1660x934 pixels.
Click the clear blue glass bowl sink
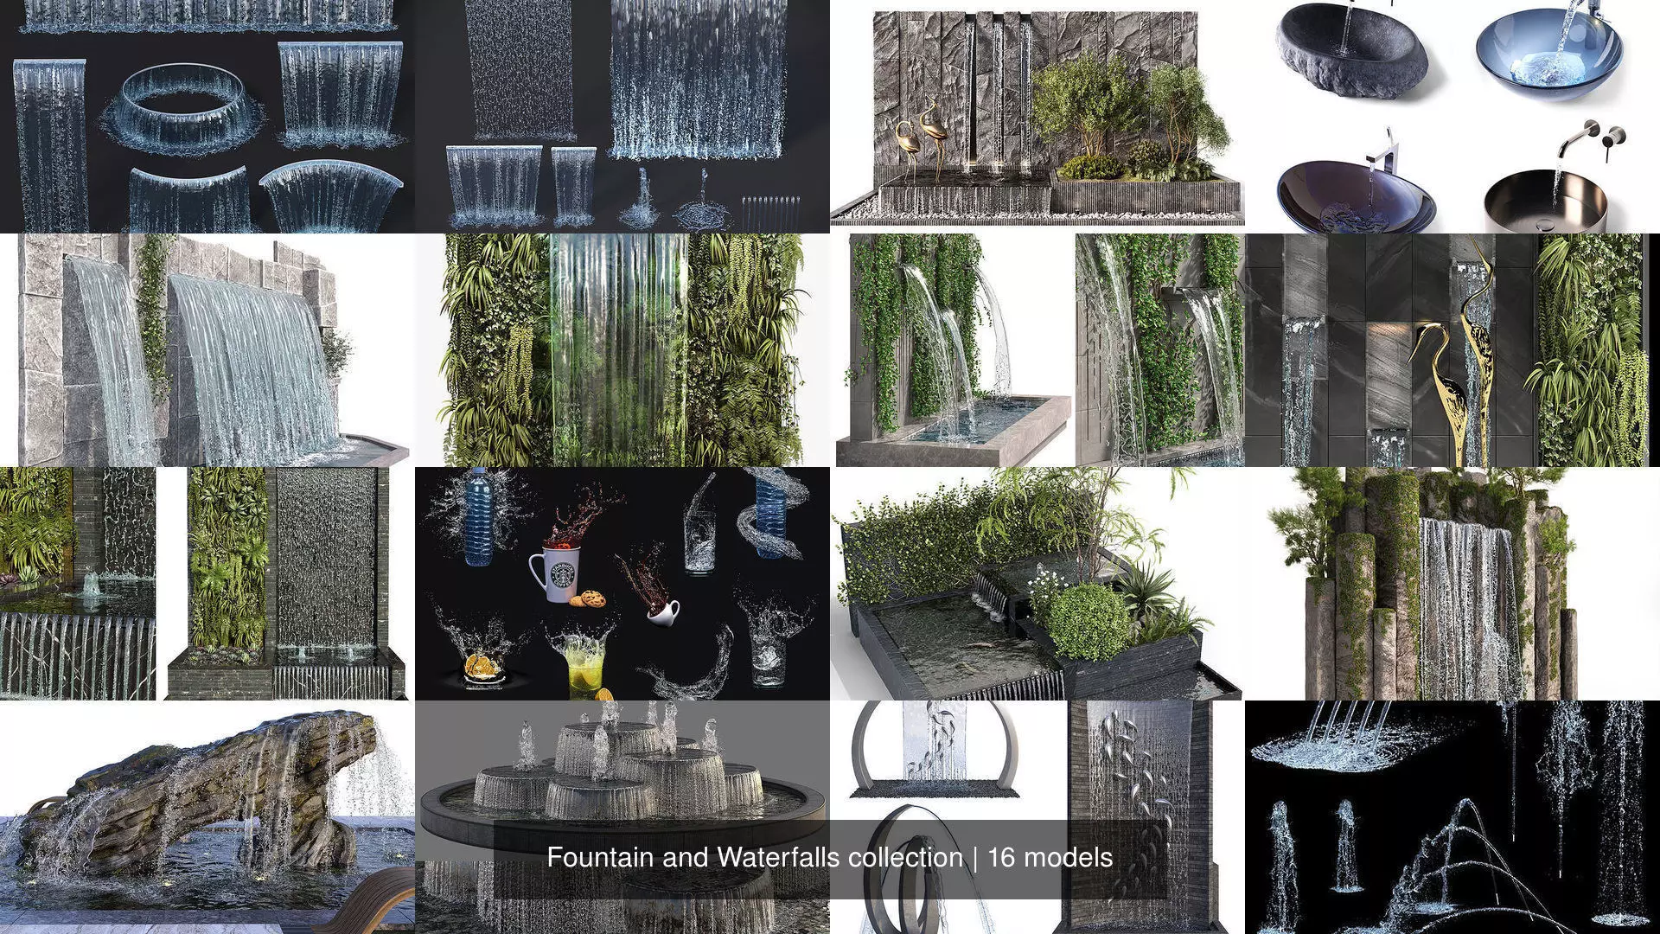pos(1548,52)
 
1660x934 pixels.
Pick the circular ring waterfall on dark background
pos(184,110)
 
